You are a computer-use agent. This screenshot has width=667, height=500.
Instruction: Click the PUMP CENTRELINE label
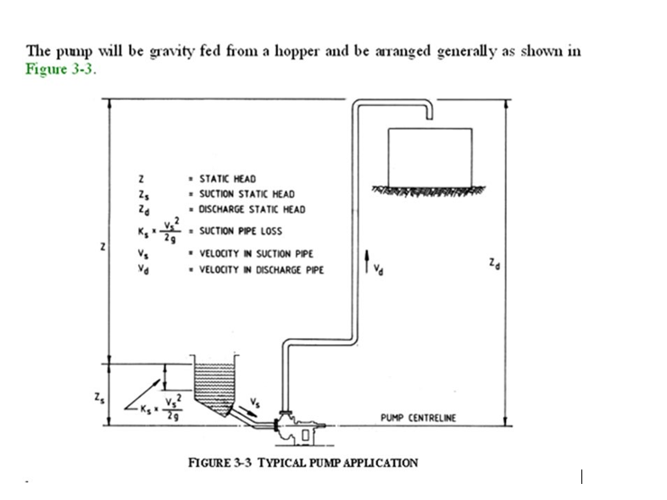[418, 418]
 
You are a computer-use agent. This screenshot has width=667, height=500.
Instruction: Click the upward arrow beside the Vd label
[366, 260]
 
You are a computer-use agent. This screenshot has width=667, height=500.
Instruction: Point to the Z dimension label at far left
[102, 248]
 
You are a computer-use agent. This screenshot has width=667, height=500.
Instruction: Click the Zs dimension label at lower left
[102, 396]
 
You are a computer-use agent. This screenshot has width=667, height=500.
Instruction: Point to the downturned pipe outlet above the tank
[431, 111]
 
